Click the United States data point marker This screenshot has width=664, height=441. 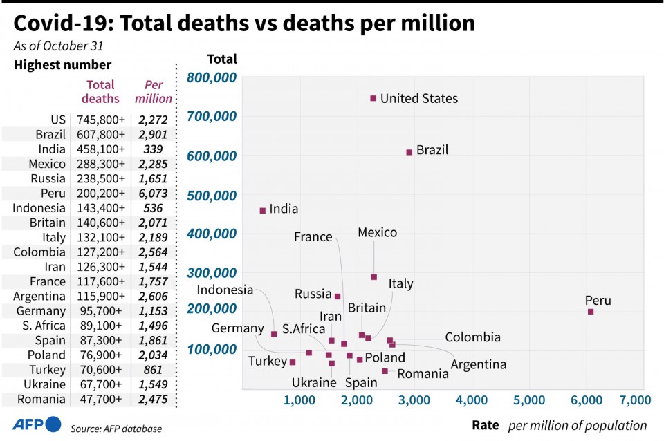373,98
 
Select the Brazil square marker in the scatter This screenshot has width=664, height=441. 409,152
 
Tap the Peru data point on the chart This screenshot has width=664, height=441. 591,312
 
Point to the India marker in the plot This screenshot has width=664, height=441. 263,210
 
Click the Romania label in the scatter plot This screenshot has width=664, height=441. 423,374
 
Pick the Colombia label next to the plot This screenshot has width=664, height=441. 472,337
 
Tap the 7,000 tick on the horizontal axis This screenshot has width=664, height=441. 636,400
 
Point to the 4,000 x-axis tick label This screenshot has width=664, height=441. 472,400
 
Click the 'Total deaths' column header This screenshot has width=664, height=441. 100,91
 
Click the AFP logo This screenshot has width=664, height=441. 37,424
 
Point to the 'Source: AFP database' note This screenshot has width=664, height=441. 116,429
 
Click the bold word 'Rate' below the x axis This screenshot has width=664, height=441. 486,425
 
